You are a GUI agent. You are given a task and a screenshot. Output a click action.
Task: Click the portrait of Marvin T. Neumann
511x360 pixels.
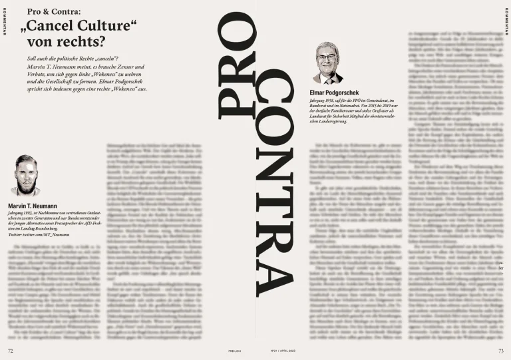[25, 176]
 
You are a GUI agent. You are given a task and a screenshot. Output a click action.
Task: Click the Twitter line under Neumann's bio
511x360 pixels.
[39, 236]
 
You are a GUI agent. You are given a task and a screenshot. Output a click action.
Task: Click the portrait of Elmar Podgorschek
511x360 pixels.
[327, 63]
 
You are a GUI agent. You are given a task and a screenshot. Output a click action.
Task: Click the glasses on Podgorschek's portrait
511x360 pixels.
[327, 58]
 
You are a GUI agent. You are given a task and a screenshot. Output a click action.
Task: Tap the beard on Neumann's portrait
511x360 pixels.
[25, 186]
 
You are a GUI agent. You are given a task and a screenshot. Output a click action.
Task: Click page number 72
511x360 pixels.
[10, 350]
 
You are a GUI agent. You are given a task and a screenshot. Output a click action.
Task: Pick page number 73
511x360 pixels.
[500, 350]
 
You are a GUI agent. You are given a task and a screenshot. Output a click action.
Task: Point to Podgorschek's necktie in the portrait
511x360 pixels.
[327, 77]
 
